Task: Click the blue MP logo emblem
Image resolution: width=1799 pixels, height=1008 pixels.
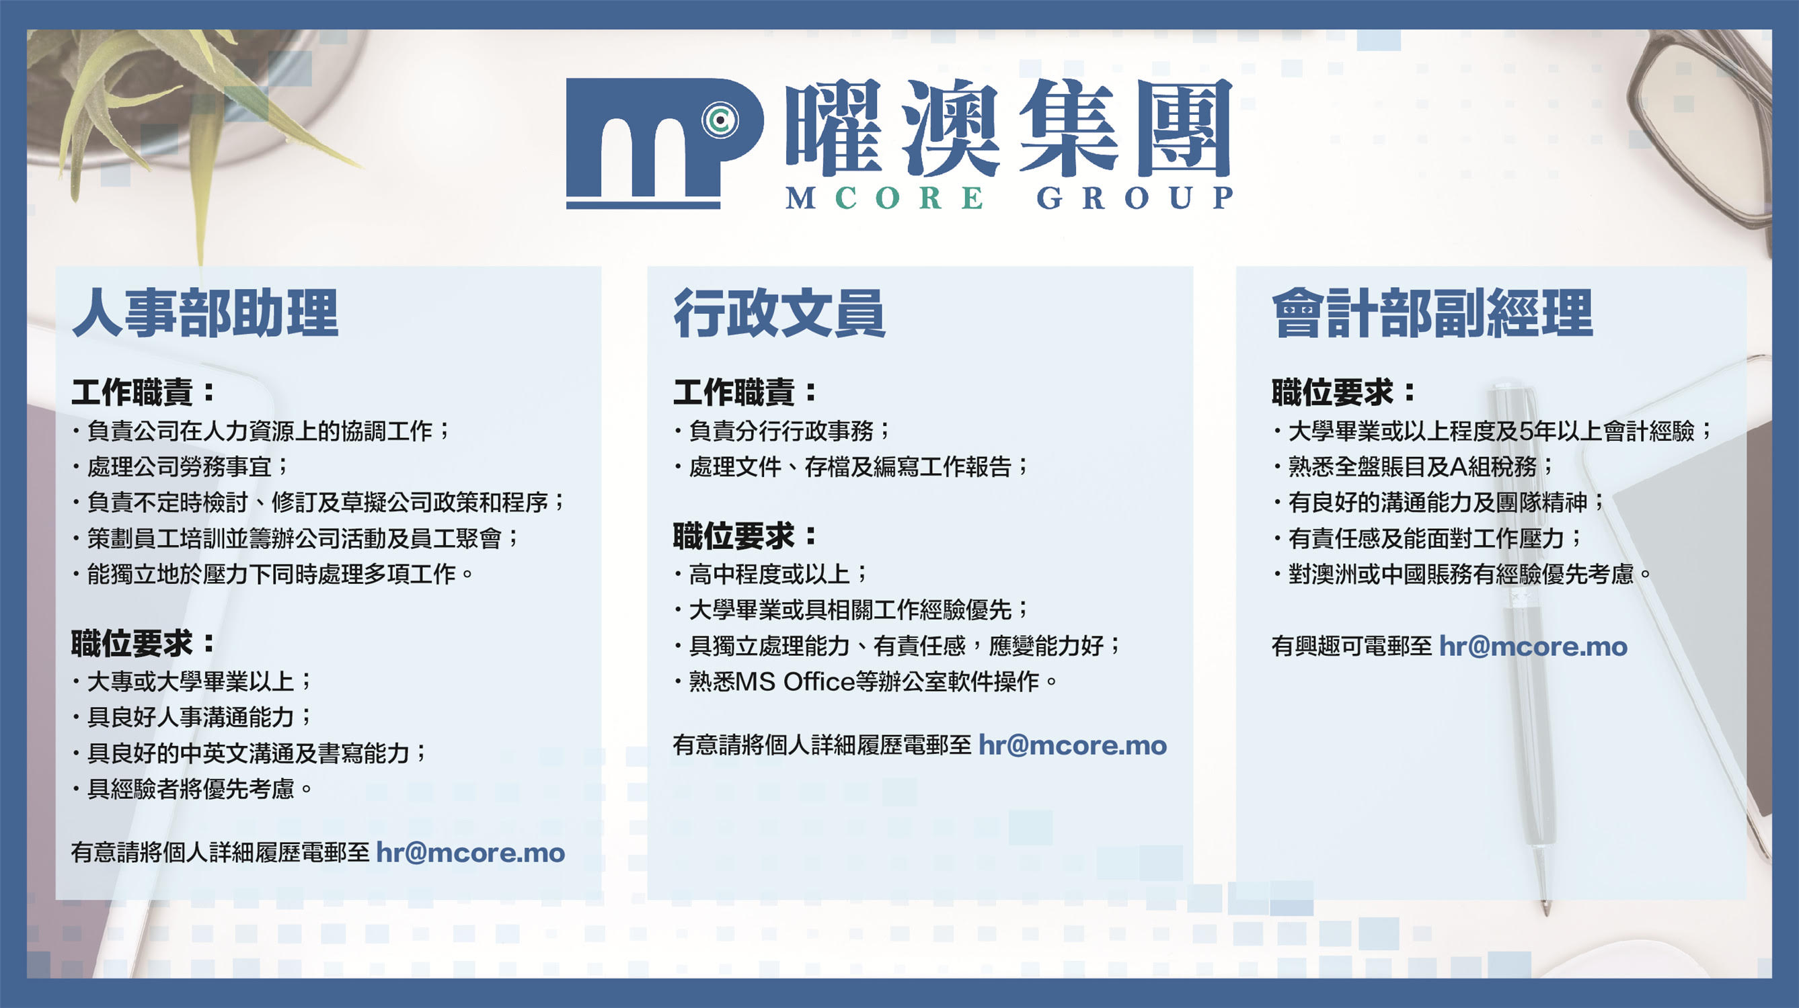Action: point(664,143)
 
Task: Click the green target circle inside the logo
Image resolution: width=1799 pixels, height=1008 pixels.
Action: point(720,120)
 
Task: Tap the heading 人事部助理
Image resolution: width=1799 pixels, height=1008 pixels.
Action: point(205,313)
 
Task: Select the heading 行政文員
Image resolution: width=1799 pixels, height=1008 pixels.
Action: point(779,313)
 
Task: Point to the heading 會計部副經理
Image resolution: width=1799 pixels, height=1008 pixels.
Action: point(1432,313)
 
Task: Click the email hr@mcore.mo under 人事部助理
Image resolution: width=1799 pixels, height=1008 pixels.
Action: point(470,853)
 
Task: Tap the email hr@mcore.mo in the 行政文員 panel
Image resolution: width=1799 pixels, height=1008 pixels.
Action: point(1072,745)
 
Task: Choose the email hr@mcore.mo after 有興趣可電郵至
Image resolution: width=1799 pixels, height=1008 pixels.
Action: point(1533,646)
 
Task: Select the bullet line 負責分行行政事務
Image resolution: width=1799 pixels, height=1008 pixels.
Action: point(782,431)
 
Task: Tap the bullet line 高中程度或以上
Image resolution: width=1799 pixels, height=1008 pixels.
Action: point(771,574)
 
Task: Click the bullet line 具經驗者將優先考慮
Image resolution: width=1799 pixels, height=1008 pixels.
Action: point(192,789)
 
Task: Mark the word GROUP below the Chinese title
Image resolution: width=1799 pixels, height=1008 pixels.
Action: point(1135,198)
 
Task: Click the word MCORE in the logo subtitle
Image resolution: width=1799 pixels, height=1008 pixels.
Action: point(885,198)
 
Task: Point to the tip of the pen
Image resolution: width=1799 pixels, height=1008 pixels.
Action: point(1546,914)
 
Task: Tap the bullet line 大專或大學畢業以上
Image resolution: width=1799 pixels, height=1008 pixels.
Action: point(192,681)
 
